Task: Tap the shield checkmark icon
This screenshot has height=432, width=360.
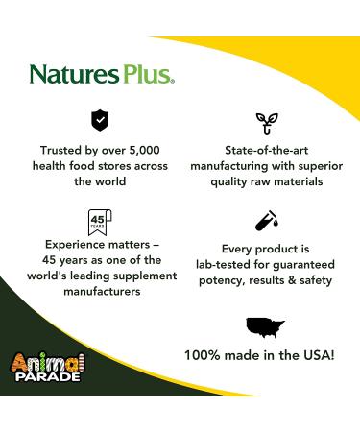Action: [99, 119]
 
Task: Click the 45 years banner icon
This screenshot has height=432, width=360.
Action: [98, 220]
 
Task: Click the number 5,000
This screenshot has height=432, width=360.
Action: [141, 149]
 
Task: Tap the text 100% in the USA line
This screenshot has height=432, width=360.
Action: [204, 355]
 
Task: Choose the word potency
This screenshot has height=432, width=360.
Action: [216, 280]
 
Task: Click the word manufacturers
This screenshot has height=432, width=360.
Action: [97, 293]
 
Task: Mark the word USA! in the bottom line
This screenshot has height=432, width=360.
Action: [322, 355]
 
